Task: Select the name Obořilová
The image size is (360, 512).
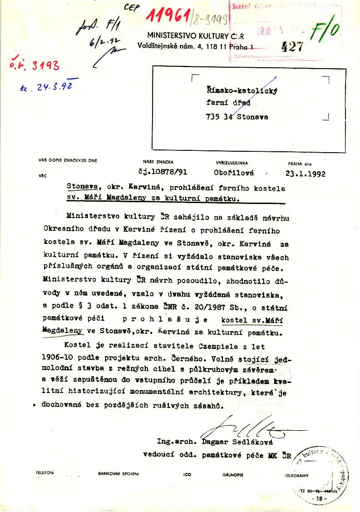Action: (x=234, y=173)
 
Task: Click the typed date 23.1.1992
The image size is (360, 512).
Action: (x=306, y=173)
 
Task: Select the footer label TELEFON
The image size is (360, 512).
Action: (x=44, y=473)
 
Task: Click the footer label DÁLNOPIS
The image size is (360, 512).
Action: (x=232, y=475)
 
